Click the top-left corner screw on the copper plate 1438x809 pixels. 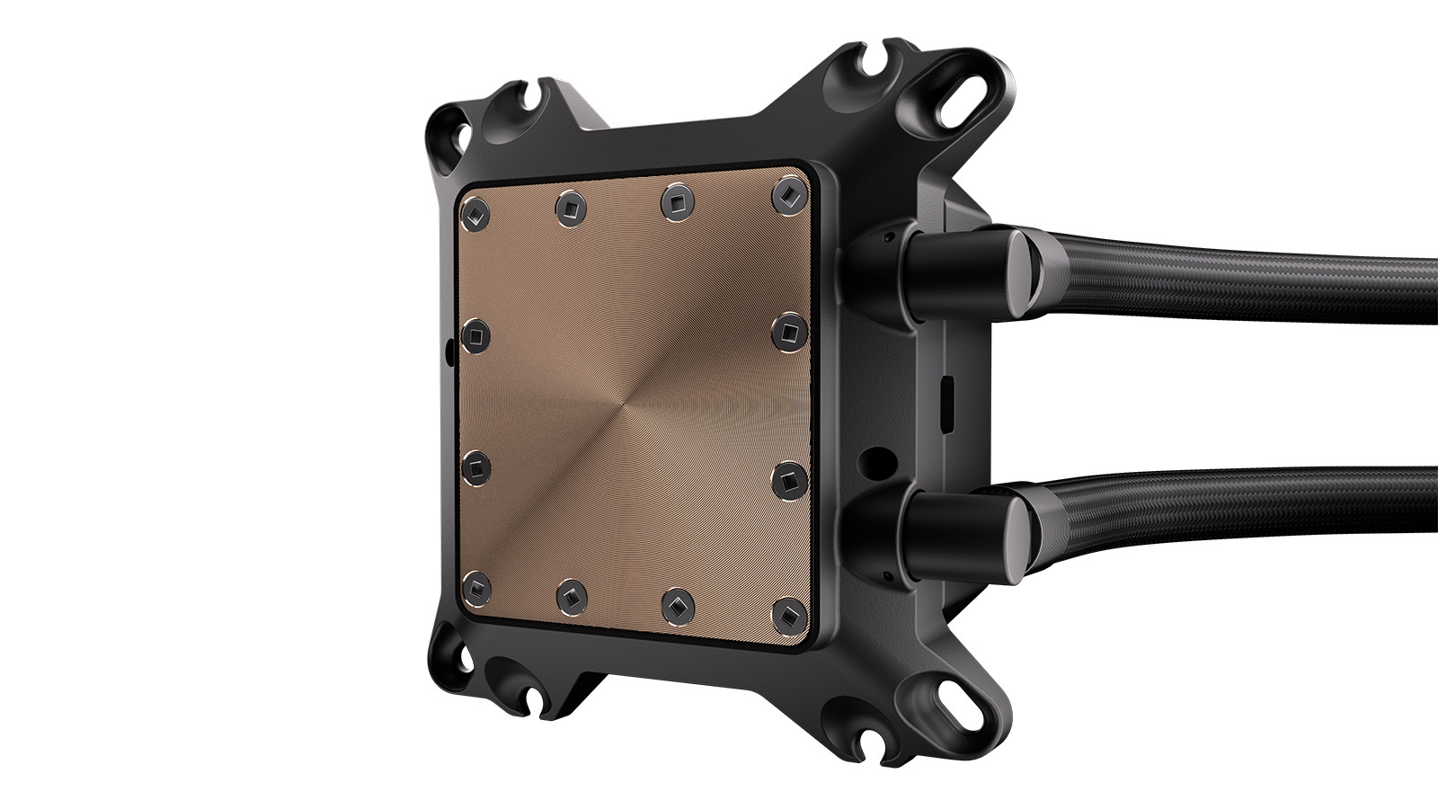pyautogui.click(x=474, y=215)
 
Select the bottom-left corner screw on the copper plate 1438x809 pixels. pyautogui.click(x=476, y=587)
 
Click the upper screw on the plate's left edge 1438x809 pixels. pyautogui.click(x=475, y=336)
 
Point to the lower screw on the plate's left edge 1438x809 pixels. pyautogui.click(x=476, y=466)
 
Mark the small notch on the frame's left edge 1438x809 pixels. pyautogui.click(x=447, y=345)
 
